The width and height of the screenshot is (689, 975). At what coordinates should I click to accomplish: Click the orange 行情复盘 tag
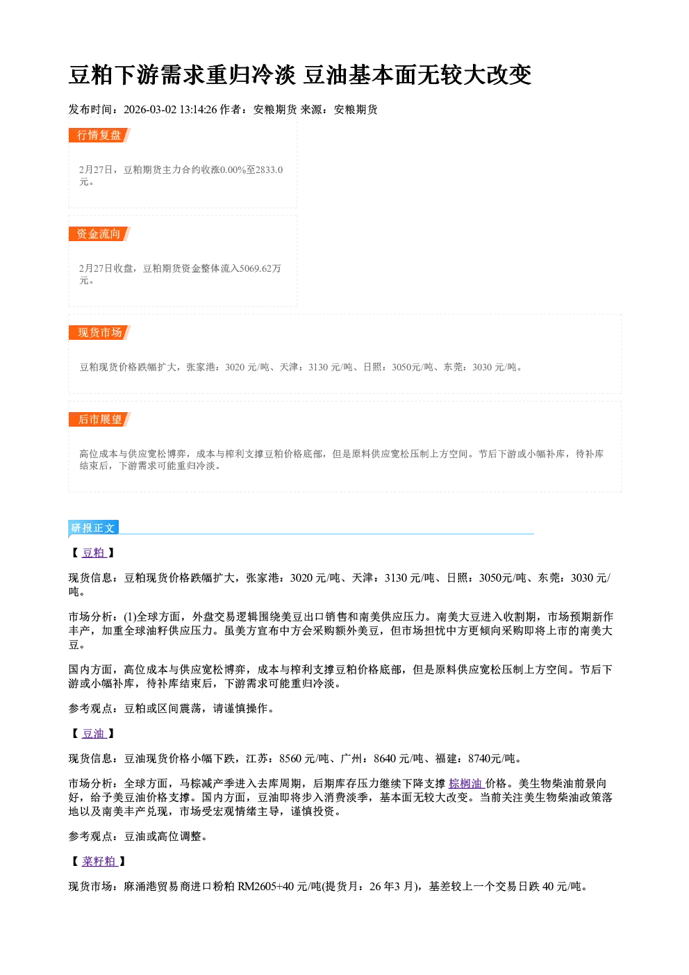pyautogui.click(x=99, y=135)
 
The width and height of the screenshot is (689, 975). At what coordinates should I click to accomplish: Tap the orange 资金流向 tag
pyautogui.click(x=99, y=233)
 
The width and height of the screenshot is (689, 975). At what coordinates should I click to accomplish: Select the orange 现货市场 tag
pyautogui.click(x=99, y=333)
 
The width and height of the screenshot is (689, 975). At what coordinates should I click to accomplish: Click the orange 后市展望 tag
pyautogui.click(x=99, y=419)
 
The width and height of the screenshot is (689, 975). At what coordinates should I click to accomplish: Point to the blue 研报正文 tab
pyautogui.click(x=93, y=528)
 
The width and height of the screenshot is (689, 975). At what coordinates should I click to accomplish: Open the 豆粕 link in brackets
pyautogui.click(x=94, y=552)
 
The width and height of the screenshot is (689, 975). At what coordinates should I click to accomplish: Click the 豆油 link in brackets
pyautogui.click(x=94, y=733)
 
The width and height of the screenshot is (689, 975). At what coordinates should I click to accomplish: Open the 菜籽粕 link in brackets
pyautogui.click(x=99, y=861)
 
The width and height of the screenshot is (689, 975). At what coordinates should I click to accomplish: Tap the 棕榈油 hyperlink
pyautogui.click(x=466, y=783)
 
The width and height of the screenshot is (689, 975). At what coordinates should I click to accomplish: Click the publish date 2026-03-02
pyautogui.click(x=150, y=109)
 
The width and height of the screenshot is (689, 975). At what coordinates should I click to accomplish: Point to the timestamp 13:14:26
pyautogui.click(x=198, y=109)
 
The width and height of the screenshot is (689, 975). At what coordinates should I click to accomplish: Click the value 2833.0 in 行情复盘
pyautogui.click(x=269, y=170)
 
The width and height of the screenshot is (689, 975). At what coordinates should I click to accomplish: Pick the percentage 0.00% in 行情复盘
pyautogui.click(x=233, y=170)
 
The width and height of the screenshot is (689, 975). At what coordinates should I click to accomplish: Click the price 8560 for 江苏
pyautogui.click(x=290, y=759)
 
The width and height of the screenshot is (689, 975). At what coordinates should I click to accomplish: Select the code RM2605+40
pyautogui.click(x=265, y=886)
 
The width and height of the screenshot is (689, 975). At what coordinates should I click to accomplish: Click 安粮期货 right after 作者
pyautogui.click(x=275, y=109)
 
